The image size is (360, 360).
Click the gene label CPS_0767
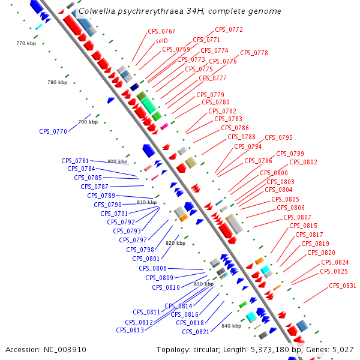click(161, 31)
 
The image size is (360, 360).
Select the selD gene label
click(161, 40)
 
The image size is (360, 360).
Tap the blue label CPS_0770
click(53, 131)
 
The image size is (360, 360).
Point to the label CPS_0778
click(254, 53)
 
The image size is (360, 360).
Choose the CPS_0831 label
click(343, 286)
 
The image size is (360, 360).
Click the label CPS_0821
click(196, 332)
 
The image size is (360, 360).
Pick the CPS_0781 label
click(75, 161)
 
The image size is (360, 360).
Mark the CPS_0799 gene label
click(290, 154)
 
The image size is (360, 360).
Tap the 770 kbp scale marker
click(26, 43)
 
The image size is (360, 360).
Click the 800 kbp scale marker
click(118, 161)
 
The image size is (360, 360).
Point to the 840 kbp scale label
click(231, 326)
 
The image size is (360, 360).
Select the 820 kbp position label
click(175, 243)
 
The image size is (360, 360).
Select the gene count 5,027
click(344, 349)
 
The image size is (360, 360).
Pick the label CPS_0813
click(130, 330)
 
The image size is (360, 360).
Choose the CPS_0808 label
click(153, 268)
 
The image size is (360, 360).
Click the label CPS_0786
click(235, 128)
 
